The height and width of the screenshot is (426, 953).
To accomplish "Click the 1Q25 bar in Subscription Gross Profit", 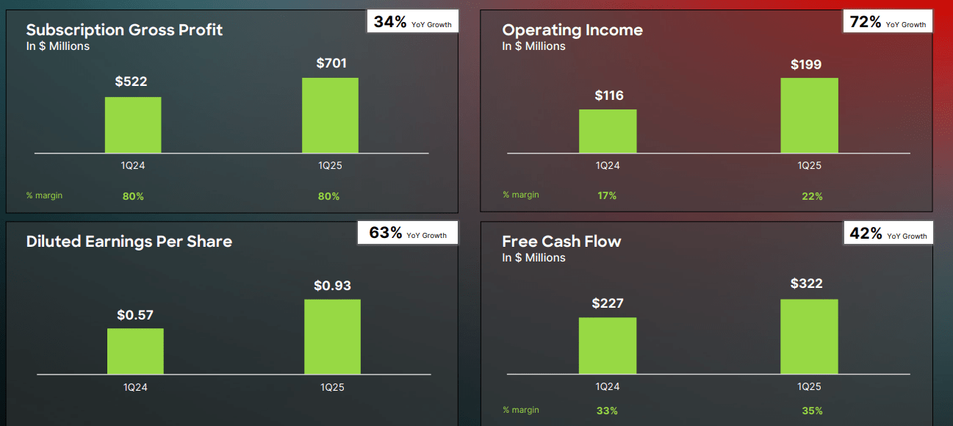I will [330, 115].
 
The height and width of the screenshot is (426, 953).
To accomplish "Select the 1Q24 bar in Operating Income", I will [608, 131].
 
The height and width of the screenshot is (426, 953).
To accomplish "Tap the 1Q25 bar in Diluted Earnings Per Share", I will [332, 337].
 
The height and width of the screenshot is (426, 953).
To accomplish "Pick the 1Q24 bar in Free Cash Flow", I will [608, 346].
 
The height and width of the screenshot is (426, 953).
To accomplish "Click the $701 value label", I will [331, 63].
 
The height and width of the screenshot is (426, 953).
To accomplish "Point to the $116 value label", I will [608, 95].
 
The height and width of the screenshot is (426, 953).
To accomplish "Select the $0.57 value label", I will [135, 315].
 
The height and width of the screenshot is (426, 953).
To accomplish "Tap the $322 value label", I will [806, 284].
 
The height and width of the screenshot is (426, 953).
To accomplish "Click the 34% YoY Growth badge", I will [412, 22].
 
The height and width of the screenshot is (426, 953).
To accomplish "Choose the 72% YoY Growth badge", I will [888, 22].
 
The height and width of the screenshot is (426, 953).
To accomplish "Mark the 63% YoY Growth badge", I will [408, 234].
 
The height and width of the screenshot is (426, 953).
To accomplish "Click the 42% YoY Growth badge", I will [888, 234].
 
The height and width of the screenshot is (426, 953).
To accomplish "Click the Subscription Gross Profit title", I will [124, 30].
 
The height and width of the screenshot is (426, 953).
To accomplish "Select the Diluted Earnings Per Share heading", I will [129, 242].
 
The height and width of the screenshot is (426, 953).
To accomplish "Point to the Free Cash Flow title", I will [561, 242].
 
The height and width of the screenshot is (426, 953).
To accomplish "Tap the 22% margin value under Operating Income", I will [812, 196].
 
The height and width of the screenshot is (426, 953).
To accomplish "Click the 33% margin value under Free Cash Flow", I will [607, 411].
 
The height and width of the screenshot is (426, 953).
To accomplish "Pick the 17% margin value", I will [607, 195].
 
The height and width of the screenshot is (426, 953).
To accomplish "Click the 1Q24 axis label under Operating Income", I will [608, 165].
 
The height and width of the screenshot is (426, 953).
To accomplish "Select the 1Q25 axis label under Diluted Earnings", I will [332, 387].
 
